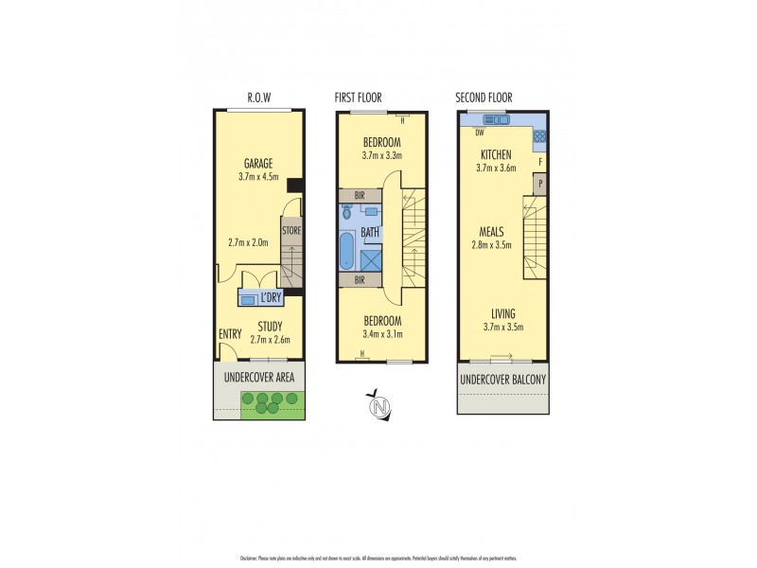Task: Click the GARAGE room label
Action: pyautogui.click(x=257, y=163)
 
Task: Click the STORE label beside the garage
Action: pyautogui.click(x=290, y=229)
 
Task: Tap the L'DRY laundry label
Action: pyautogui.click(x=271, y=299)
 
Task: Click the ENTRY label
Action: pyautogui.click(x=230, y=334)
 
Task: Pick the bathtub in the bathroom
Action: pyautogui.click(x=346, y=253)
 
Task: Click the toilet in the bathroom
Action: pyautogui.click(x=346, y=213)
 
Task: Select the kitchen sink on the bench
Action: pyautogui.click(x=496, y=120)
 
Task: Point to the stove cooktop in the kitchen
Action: pyautogui.click(x=539, y=136)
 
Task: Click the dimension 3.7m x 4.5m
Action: pyautogui.click(x=257, y=176)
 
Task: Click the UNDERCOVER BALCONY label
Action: pyautogui.click(x=502, y=381)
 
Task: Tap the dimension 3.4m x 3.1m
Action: pyautogui.click(x=382, y=333)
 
